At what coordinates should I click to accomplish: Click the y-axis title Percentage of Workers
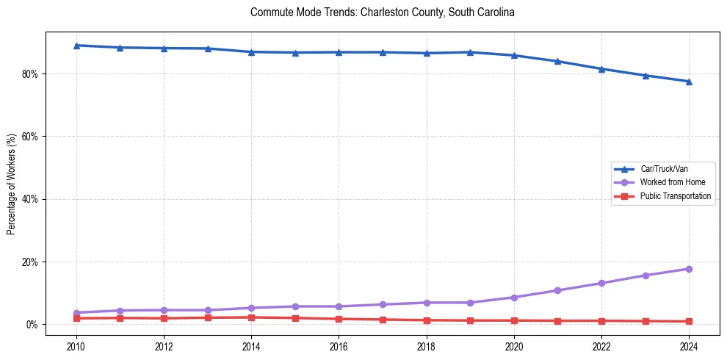(x=11, y=184)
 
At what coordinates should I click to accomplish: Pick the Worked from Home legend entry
(x=670, y=182)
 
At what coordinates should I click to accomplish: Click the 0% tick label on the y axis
(x=32, y=325)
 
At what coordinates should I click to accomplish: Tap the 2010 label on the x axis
(x=76, y=346)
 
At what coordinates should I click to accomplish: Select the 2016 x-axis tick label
(x=339, y=346)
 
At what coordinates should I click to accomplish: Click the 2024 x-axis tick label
(x=689, y=346)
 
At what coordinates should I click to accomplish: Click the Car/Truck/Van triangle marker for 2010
(x=76, y=46)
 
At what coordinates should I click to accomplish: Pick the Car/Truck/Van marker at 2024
(x=689, y=82)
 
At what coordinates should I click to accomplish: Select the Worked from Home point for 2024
(x=689, y=269)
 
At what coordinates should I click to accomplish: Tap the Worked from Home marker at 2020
(x=514, y=298)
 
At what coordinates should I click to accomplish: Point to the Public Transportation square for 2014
(x=251, y=317)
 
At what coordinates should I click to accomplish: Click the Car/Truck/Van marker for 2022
(x=601, y=69)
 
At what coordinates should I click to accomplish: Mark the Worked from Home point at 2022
(x=601, y=283)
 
